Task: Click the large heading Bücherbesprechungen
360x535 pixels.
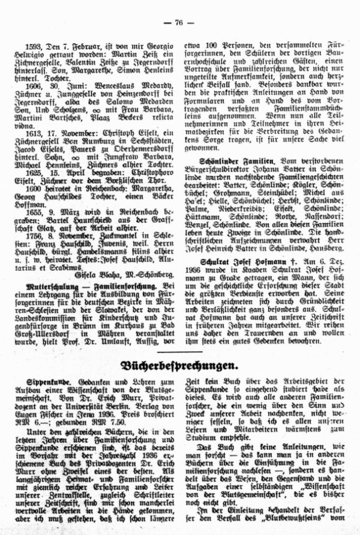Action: [x=180, y=366]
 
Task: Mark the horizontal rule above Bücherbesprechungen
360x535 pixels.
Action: [x=180, y=351]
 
